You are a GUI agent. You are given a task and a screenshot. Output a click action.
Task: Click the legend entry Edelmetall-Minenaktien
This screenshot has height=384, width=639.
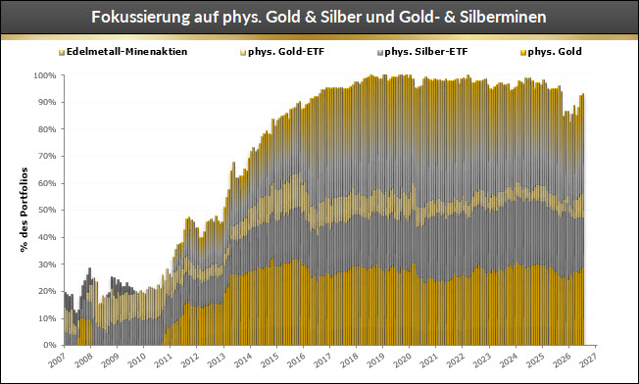coord(123,52)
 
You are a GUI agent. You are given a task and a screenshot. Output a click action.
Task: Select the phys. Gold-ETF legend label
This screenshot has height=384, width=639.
coord(282,52)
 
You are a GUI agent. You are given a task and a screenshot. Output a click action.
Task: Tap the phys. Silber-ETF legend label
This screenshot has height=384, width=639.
coord(422,52)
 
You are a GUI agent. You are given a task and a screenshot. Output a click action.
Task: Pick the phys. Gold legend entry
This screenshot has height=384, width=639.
coord(551,52)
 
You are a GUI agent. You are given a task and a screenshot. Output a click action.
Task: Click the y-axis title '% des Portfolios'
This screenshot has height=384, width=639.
coord(25,210)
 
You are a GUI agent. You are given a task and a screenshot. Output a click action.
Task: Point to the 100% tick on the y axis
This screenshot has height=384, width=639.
coord(45,75)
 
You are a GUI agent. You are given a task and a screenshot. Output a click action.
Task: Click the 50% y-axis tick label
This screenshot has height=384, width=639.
coord(47,210)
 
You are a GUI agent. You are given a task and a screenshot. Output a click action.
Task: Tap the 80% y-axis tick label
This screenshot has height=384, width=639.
coord(47,129)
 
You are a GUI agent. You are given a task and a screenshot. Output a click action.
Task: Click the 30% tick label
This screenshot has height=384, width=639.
coord(47,264)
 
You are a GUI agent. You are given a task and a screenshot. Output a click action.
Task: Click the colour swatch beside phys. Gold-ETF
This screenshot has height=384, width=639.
coord(243,53)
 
